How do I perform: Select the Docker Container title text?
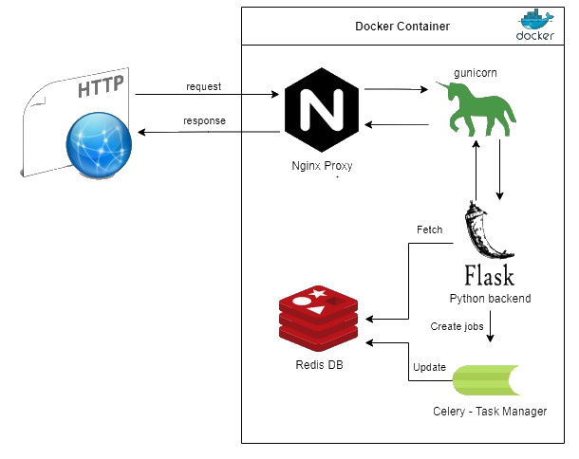(x=402, y=26)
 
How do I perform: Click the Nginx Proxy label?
(x=323, y=165)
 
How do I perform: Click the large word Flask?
(x=489, y=276)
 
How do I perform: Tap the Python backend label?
(x=490, y=298)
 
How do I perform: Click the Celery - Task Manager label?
(x=490, y=411)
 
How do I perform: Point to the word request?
(x=203, y=86)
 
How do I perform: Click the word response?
(x=204, y=121)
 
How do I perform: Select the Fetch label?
(x=429, y=229)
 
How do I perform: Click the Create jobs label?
(x=458, y=326)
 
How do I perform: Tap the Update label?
(x=429, y=367)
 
